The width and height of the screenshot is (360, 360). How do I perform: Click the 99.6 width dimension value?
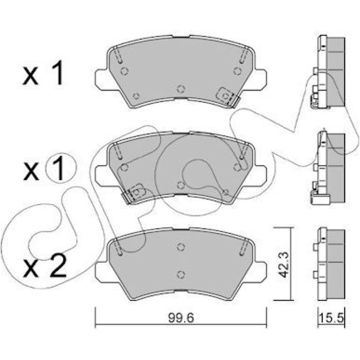[x=181, y=318]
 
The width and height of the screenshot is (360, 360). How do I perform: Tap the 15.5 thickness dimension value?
[x=331, y=318]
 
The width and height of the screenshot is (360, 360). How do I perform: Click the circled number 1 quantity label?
[x=61, y=169]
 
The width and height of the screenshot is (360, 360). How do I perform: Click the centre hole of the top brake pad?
[x=181, y=89]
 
